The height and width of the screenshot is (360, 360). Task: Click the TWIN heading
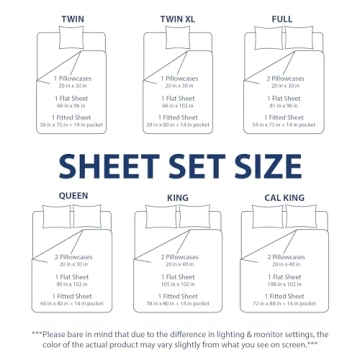[x=72, y=19]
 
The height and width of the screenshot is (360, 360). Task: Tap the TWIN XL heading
[x=176, y=19]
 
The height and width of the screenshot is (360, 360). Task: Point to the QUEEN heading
[x=73, y=195]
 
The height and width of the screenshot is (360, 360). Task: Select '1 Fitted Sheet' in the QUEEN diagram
[x=73, y=295]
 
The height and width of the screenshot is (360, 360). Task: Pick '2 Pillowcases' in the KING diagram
[x=176, y=257]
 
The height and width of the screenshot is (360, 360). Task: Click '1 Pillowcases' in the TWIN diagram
[x=73, y=78]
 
